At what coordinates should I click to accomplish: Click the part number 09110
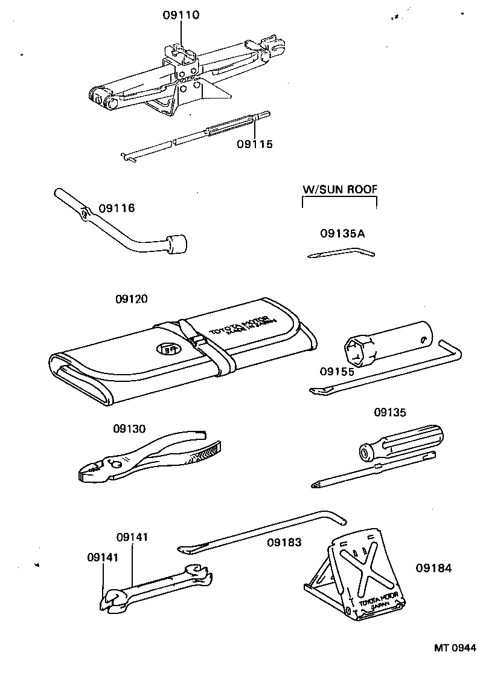[x=181, y=14]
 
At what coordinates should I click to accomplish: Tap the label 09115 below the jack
[x=255, y=144]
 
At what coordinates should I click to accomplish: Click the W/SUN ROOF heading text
[x=339, y=189]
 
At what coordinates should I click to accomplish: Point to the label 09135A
[x=342, y=233]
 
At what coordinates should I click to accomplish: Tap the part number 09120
[x=131, y=299]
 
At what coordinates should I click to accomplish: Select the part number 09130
[x=129, y=428]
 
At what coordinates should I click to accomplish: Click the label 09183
[x=285, y=542]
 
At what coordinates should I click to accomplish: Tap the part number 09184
[x=433, y=568]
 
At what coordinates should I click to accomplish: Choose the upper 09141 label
[x=132, y=537]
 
